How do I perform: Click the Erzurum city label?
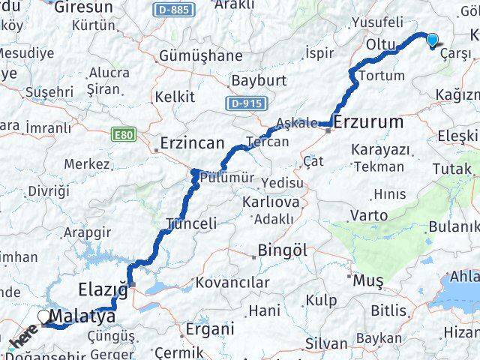click(x=368, y=121)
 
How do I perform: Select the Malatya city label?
click(x=82, y=316)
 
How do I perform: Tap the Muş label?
click(x=369, y=280)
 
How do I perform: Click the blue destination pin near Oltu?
click(x=433, y=40)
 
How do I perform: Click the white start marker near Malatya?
click(x=44, y=318)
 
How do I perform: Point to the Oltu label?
click(x=380, y=45)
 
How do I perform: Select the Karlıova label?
click(x=271, y=202)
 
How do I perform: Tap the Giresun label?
click(x=82, y=7)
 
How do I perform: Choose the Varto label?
click(x=369, y=216)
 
